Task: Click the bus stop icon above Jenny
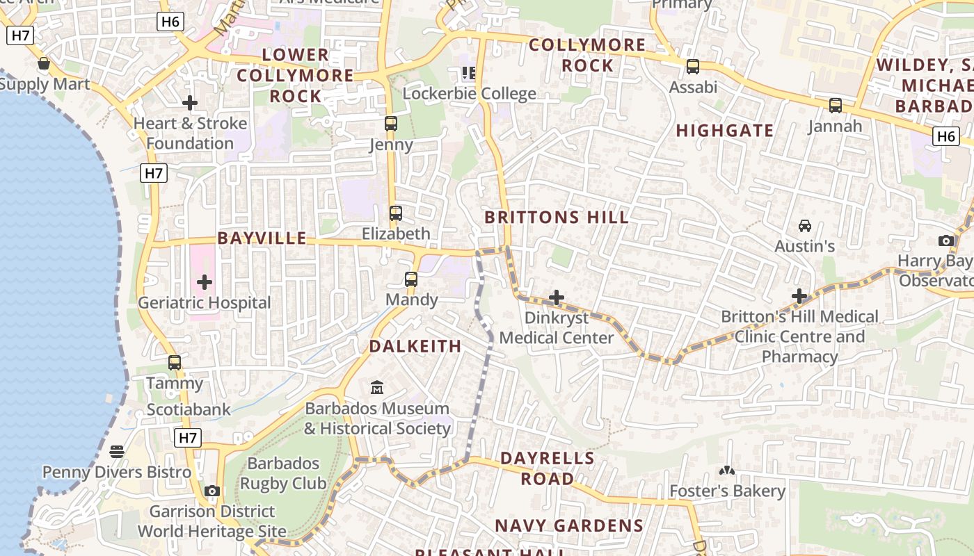(391, 124)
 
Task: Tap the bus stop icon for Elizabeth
(396, 213)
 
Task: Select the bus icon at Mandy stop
(411, 279)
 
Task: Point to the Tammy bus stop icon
(175, 362)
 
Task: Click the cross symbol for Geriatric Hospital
(205, 282)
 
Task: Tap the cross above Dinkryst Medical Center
(557, 297)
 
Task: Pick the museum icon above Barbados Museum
(377, 387)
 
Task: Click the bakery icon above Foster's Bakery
(727, 471)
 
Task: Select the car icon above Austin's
(805, 226)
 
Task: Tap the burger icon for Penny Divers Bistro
(117, 452)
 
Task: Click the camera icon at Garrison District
(212, 491)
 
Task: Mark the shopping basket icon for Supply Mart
(44, 64)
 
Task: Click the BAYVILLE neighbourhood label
(262, 238)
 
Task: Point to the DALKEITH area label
(415, 346)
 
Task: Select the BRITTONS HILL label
(557, 218)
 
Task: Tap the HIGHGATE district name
(725, 131)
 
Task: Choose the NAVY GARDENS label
(569, 526)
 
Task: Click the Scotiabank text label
(189, 410)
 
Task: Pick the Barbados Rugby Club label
(283, 473)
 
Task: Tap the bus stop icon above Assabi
(693, 67)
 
